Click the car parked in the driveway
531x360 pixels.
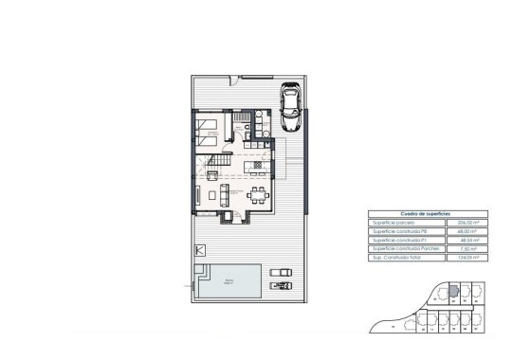290,99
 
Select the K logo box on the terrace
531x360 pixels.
199,251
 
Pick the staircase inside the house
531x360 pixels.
213,170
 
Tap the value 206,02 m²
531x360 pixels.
467,221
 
